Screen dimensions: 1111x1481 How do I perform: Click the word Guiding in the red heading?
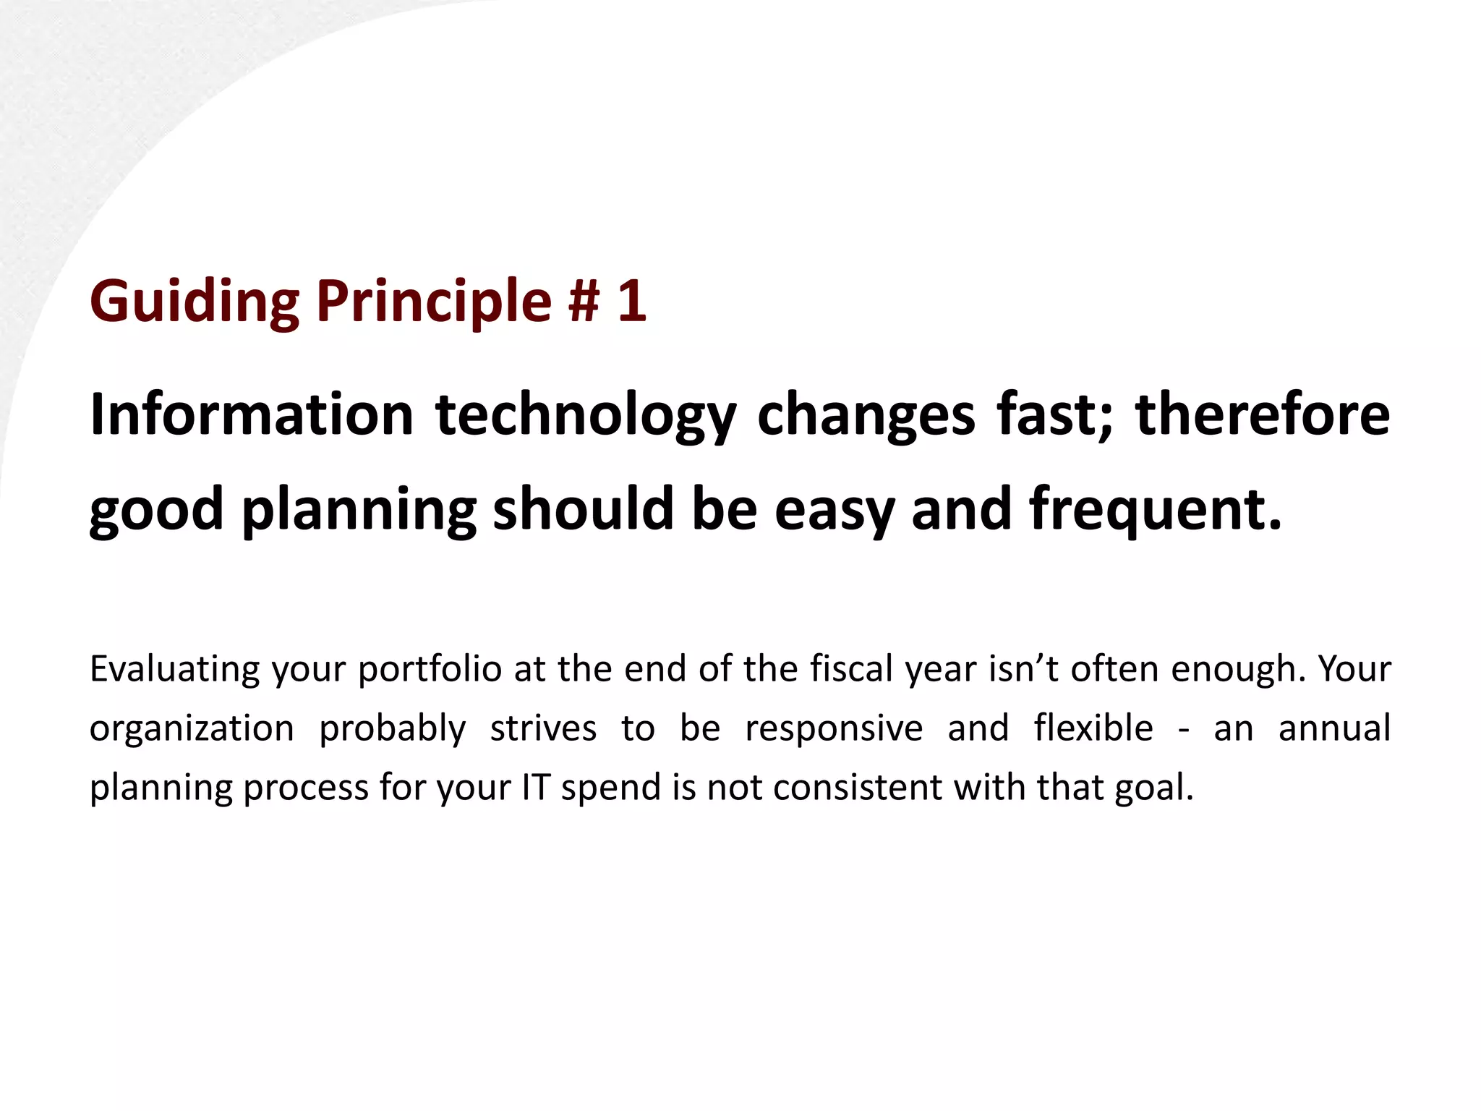pos(194,301)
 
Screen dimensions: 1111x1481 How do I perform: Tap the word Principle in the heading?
pos(434,301)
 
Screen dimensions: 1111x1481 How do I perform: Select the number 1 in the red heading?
pos(631,301)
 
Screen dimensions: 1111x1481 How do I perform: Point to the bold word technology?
pos(586,417)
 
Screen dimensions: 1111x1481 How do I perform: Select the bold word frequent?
pos(1155,511)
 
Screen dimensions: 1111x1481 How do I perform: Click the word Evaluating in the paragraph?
pos(174,670)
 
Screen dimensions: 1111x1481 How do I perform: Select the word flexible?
pos(1093,728)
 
